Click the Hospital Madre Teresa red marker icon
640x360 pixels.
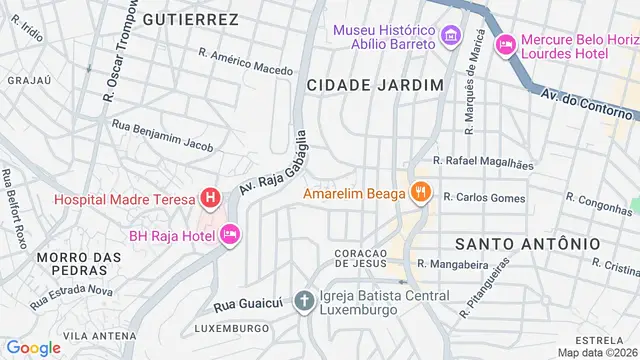pyautogui.click(x=209, y=198)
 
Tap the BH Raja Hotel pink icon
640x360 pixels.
pyautogui.click(x=230, y=235)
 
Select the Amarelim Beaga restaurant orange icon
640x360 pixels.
pyautogui.click(x=421, y=192)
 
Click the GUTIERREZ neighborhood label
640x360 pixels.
pyautogui.click(x=190, y=19)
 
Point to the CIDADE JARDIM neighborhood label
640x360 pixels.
pyautogui.click(x=374, y=86)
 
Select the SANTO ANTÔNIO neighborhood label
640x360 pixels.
pyautogui.click(x=527, y=243)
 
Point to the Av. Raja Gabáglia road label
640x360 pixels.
pyautogui.click(x=266, y=160)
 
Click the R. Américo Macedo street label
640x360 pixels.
pyautogui.click(x=246, y=62)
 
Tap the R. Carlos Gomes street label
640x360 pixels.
pyautogui.click(x=485, y=198)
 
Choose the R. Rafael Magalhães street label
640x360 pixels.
pyautogui.click(x=482, y=161)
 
